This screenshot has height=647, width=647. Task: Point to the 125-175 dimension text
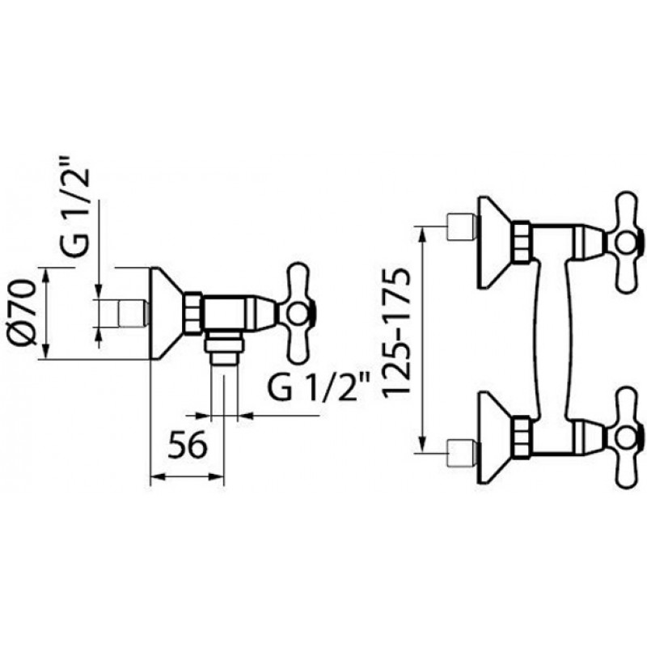tap(396, 334)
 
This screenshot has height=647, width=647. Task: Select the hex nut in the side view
tap(192, 313)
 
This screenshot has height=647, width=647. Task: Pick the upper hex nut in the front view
tap(522, 242)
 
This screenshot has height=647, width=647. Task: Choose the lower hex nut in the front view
tap(522, 438)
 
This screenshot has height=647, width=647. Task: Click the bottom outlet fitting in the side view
tap(225, 349)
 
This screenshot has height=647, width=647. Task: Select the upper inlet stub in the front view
tap(462, 226)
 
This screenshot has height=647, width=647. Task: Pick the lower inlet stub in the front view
tap(462, 454)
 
